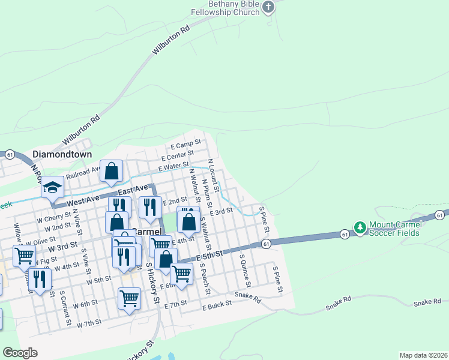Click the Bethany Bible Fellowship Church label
[x=226, y=7]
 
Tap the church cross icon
[x=268, y=7]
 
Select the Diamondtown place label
[x=62, y=154]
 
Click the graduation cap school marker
[x=52, y=187]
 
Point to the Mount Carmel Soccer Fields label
[x=396, y=229]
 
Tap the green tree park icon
[x=360, y=228]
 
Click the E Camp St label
[x=185, y=146]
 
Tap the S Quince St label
[x=244, y=269]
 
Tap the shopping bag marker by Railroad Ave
[x=112, y=172]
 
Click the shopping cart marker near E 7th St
[x=130, y=298]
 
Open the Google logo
[x=20, y=353]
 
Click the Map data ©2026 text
[x=423, y=355]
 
